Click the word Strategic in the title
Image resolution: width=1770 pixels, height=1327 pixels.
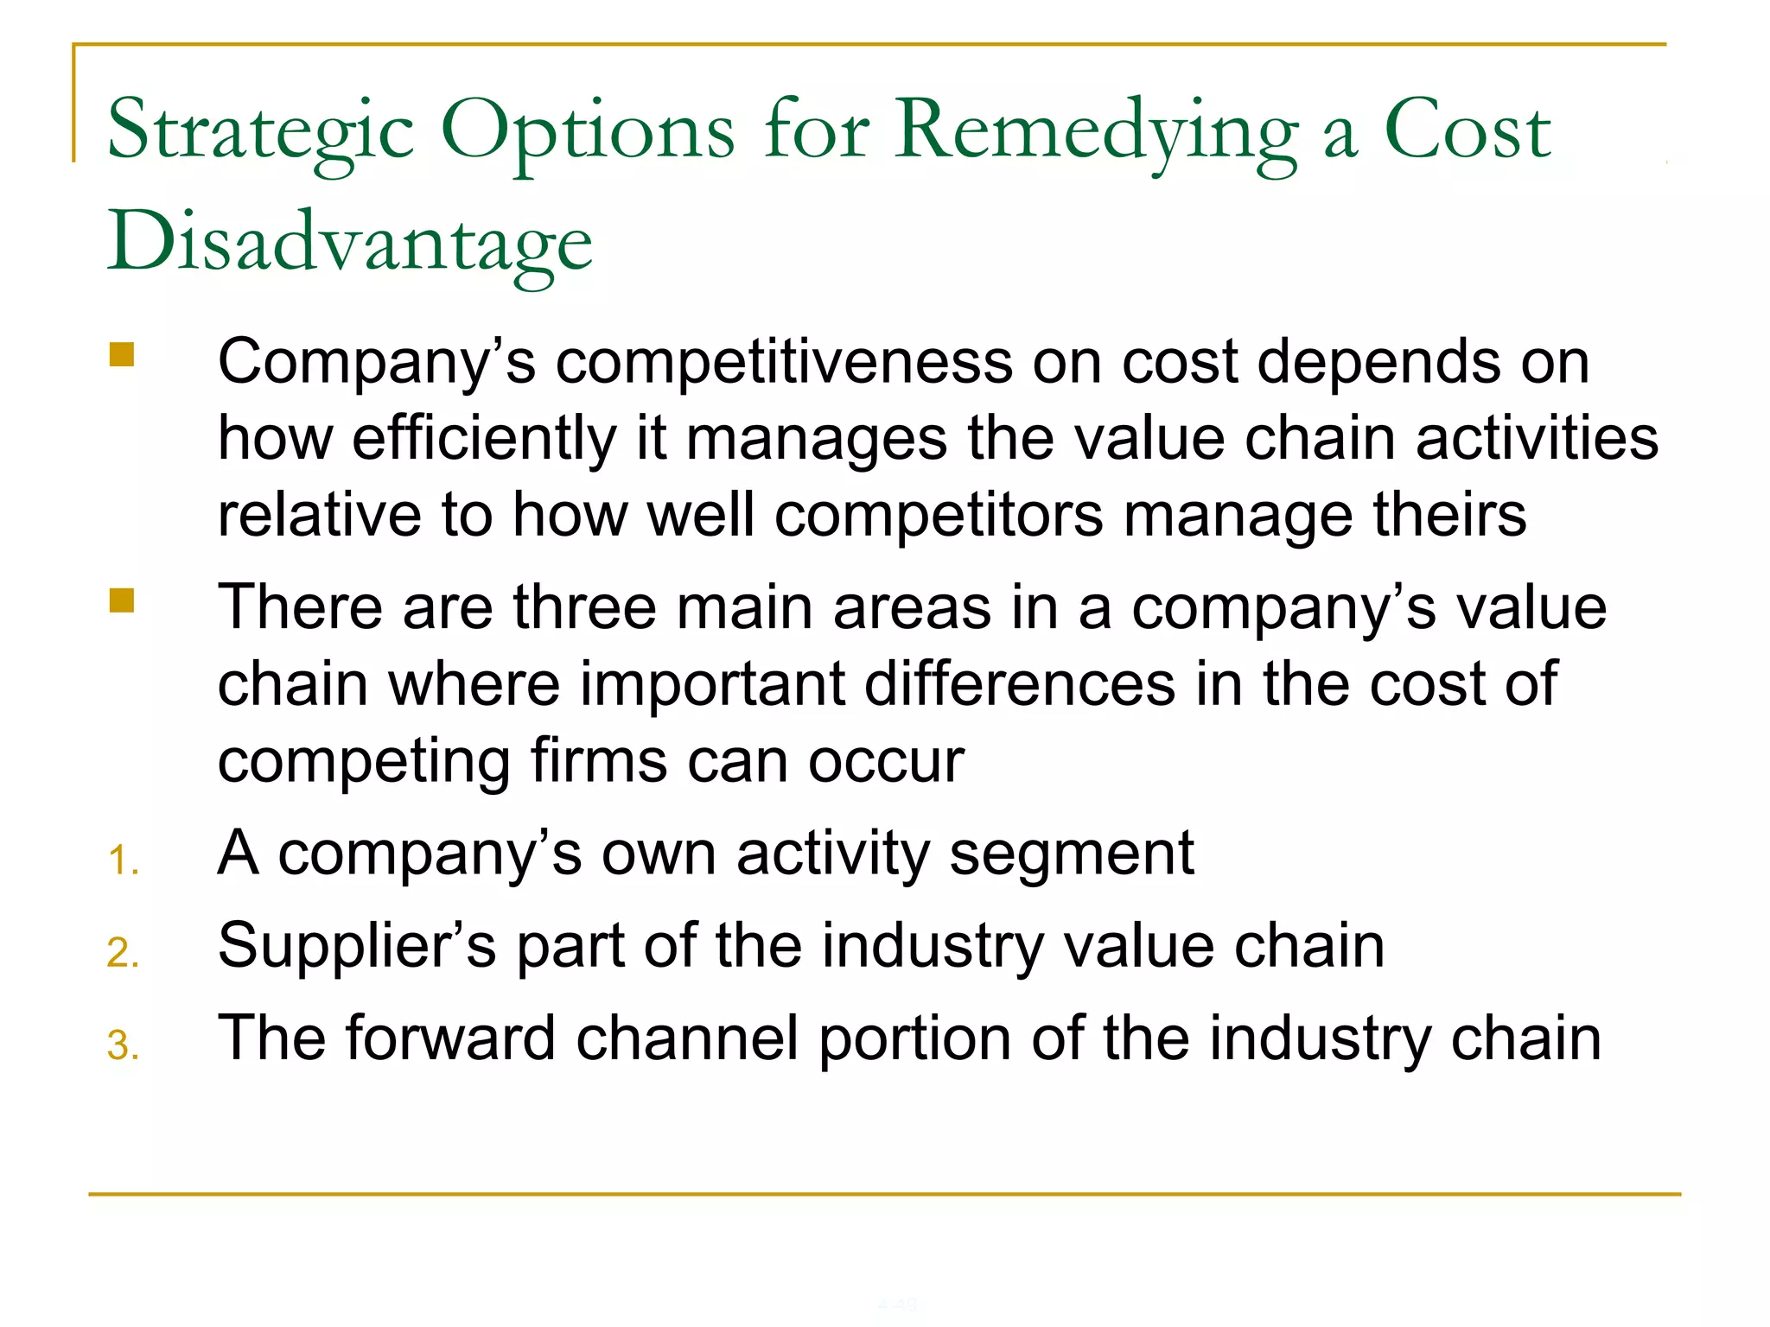[259, 131]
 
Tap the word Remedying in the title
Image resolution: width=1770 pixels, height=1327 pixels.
[1094, 131]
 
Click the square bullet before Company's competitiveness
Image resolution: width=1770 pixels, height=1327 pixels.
[122, 355]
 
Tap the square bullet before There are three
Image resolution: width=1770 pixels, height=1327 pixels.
[122, 600]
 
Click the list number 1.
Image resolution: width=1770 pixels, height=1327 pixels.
[123, 861]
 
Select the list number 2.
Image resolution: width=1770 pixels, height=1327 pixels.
[123, 953]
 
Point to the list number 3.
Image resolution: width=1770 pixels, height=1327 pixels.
[123, 1045]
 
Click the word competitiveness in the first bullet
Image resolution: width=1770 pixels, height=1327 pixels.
[783, 361]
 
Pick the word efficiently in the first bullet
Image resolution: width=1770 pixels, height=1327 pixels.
[484, 438]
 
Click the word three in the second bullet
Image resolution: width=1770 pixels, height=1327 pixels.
[584, 606]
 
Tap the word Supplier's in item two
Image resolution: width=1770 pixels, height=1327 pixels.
[357, 946]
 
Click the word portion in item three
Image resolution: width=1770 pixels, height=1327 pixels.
[914, 1038]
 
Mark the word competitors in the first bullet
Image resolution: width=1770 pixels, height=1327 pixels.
[938, 515]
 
